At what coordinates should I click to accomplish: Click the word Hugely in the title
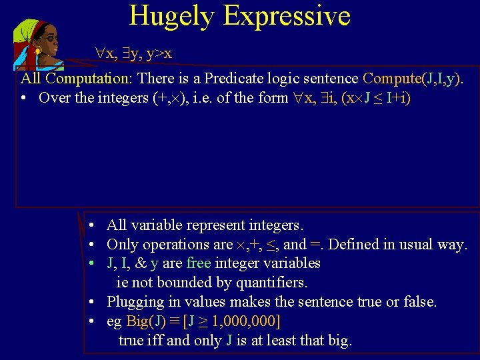coord(172,15)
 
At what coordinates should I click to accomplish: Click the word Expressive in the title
coord(287,15)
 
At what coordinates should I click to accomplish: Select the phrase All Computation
coord(77,79)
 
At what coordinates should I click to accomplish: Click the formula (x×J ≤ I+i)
coord(375,98)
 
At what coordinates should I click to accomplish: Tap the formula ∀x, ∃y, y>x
coord(133,53)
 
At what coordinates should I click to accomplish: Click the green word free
coord(199,263)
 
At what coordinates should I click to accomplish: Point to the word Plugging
coord(136,302)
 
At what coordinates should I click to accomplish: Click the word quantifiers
coord(267,283)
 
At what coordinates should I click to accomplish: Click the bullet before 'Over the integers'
coord(24,98)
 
